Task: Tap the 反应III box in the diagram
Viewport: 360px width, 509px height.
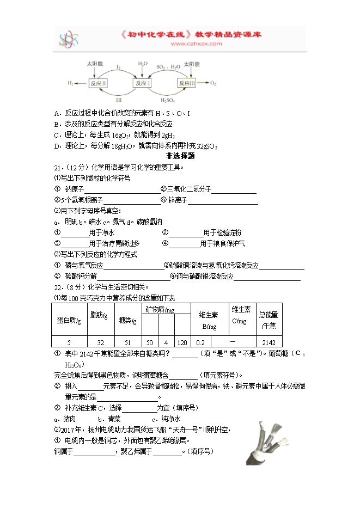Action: pos(187,83)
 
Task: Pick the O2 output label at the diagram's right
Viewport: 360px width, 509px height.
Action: pos(213,83)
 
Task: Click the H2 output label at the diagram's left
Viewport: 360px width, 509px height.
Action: pos(71,83)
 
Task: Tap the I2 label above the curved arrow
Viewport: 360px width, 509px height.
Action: pos(118,66)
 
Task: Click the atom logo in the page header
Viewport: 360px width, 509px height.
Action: pos(69,39)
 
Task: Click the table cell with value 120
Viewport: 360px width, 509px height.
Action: pos(182,342)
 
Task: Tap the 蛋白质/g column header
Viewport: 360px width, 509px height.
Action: pos(69,321)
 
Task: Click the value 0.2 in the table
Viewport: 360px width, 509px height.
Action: pos(200,342)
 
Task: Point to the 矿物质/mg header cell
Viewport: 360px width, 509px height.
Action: pos(160,309)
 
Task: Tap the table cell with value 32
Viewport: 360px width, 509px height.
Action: pos(101,342)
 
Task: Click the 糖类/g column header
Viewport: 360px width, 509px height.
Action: pos(128,321)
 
